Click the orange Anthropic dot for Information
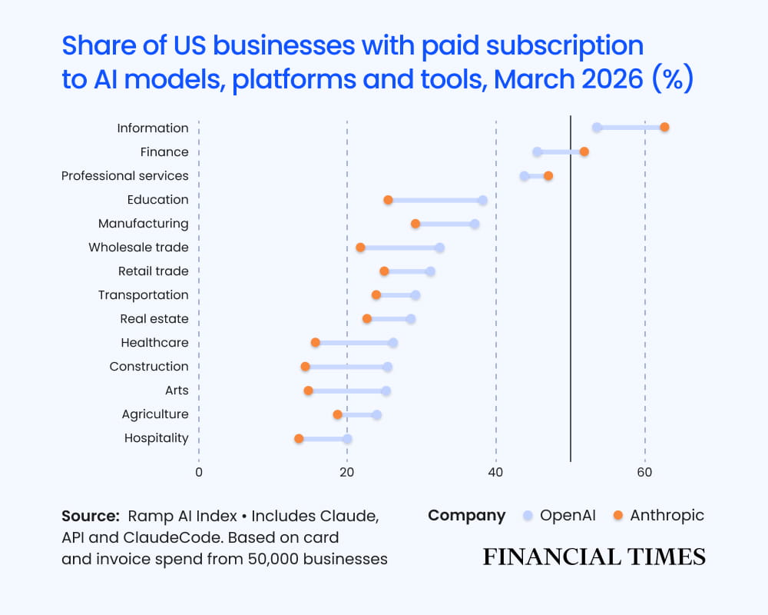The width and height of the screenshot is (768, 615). click(x=664, y=127)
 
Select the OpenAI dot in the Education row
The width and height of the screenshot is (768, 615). click(x=482, y=201)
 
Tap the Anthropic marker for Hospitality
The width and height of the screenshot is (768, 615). click(x=299, y=438)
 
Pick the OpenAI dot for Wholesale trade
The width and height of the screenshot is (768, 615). click(x=439, y=248)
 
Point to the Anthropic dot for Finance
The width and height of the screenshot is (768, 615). click(x=584, y=151)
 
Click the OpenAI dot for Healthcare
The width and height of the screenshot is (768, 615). click(x=392, y=343)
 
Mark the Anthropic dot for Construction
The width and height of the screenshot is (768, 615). click(x=305, y=367)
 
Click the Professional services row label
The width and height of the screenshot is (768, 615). click(x=124, y=176)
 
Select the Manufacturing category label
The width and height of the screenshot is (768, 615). click(x=143, y=224)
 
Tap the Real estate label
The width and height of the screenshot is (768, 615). click(x=154, y=319)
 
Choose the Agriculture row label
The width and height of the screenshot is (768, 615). click(x=154, y=414)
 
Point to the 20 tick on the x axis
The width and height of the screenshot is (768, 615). click(x=347, y=473)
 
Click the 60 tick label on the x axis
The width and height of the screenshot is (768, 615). click(x=644, y=473)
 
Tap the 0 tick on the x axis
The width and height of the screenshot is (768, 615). click(x=199, y=473)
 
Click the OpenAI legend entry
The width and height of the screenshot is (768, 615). click(x=559, y=516)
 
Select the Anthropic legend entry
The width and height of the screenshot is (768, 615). click(x=658, y=516)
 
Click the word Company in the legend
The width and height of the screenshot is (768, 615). click(x=467, y=516)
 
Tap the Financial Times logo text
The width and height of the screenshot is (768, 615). click(x=594, y=557)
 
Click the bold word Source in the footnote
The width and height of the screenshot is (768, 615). click(x=90, y=516)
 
